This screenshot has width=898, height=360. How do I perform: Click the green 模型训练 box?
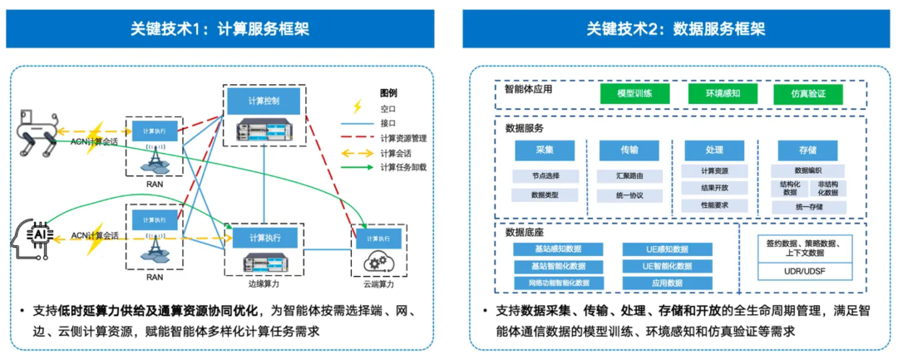tap(634, 94)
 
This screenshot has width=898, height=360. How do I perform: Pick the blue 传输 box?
tap(629, 150)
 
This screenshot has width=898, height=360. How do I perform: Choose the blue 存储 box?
tap(807, 150)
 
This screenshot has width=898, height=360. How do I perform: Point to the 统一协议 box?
tap(629, 196)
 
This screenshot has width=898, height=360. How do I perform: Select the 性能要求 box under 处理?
tap(714, 205)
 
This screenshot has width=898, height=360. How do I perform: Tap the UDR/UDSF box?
tap(804, 272)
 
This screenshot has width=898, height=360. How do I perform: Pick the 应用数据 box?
tap(667, 283)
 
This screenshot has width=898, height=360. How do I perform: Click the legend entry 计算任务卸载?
tap(403, 167)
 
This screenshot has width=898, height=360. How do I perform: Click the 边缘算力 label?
tap(264, 284)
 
